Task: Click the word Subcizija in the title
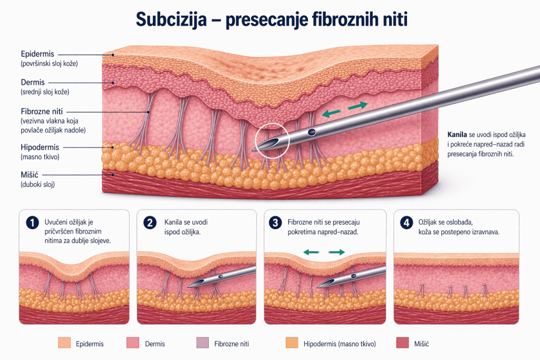171,20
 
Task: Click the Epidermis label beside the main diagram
37,54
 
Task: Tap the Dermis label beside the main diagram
33,82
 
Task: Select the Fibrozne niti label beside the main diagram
42,112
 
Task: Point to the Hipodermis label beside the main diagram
40,147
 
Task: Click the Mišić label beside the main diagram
30,175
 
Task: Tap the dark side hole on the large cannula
312,132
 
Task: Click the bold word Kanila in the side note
457,134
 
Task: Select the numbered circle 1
32,222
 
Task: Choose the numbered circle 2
150,222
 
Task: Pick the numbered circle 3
275,222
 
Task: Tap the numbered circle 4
407,222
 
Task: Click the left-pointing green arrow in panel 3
311,252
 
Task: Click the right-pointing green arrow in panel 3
337,252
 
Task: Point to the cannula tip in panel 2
188,287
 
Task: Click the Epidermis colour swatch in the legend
64,343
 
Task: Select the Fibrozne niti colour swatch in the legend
202,343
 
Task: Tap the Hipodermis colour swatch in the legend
292,343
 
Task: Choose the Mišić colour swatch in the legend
402,343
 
